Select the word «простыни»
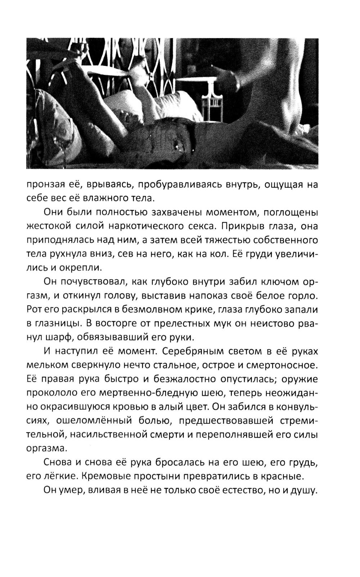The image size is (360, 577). pyautogui.click(x=161, y=476)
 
